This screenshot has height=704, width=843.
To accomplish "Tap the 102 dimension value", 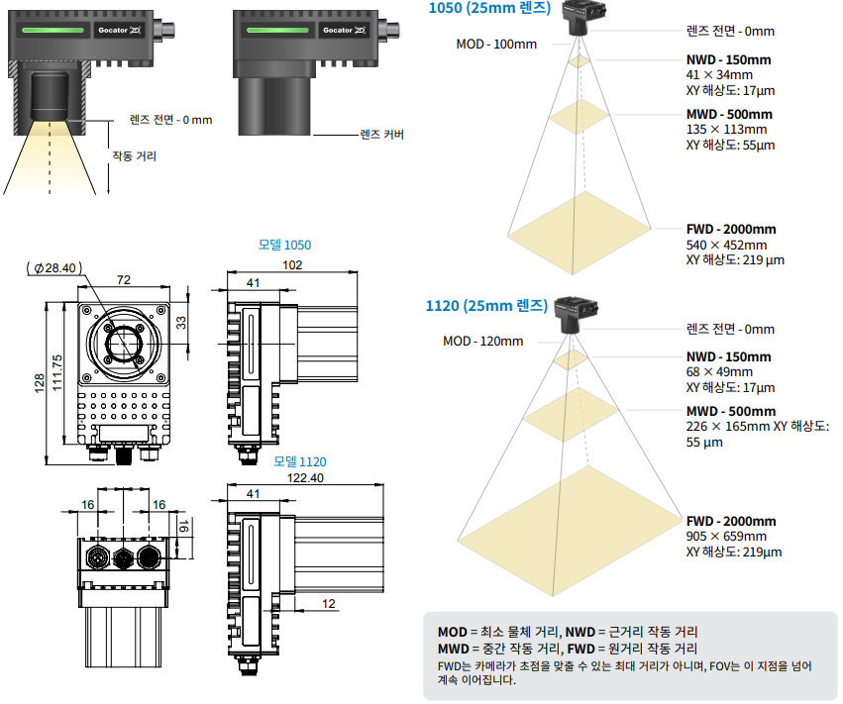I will point(292,264).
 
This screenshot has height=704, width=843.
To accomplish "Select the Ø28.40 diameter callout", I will point(55,267).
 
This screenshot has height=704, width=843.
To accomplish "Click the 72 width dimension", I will point(124,280).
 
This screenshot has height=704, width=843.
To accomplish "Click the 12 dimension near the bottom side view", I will point(329,603).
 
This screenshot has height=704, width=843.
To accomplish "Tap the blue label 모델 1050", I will point(284,245).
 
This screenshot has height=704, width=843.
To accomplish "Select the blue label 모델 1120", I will point(299,461).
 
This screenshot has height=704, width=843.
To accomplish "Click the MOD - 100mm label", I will point(496,44).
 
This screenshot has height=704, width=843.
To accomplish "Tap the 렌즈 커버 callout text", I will point(382,135).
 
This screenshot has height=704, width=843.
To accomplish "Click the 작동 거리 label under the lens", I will point(134,156).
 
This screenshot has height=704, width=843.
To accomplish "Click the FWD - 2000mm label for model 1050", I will point(731,229).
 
